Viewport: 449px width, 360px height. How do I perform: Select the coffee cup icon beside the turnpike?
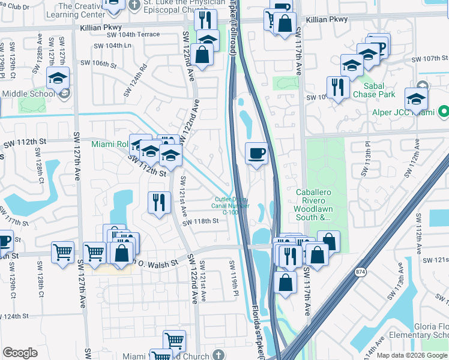pyautogui.click(x=257, y=154)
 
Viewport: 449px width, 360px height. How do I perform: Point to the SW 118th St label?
pyautogui.click(x=202, y=221)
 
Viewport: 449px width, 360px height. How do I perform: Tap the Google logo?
pyautogui.click(x=20, y=353)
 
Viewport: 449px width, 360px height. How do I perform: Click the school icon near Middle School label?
pyautogui.click(x=58, y=79)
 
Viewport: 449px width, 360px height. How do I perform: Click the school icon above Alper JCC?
pyautogui.click(x=416, y=98)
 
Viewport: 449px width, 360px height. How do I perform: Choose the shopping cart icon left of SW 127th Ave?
pyautogui.click(x=62, y=252)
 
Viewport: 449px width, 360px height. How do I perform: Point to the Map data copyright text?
pyautogui.click(x=412, y=355)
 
